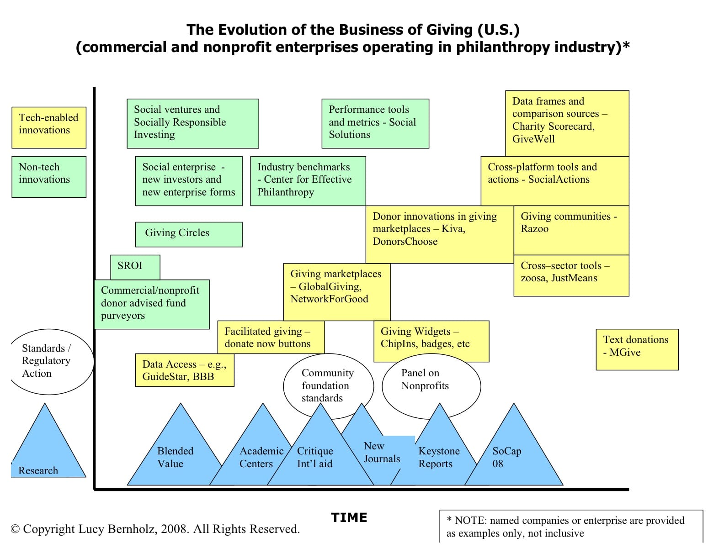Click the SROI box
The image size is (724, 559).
135,267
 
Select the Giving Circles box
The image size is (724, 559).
188,234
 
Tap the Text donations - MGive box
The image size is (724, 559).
637,349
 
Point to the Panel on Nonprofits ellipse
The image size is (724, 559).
431,386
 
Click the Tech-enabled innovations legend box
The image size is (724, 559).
49,127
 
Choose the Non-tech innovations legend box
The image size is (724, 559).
49,177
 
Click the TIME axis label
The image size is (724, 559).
349,517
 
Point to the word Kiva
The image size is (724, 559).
452,229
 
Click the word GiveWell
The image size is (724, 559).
533,139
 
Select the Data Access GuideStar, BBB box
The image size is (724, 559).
185,370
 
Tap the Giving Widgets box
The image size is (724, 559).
431,341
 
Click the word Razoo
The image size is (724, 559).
534,229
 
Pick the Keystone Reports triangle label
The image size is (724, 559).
438,458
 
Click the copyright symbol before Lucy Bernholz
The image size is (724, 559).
15,529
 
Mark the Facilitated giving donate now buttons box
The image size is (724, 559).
271,338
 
